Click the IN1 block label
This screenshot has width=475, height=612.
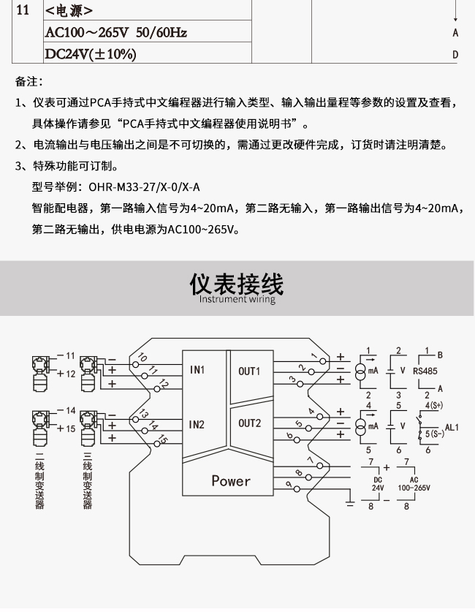click(197, 370)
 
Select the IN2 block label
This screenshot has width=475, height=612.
click(197, 424)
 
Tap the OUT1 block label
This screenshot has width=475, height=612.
click(249, 371)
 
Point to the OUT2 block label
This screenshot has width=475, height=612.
click(250, 423)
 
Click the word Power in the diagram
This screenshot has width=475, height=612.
click(231, 480)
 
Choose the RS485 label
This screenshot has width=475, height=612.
click(425, 371)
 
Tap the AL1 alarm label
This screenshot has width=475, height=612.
click(452, 427)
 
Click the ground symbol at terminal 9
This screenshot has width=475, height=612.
click(350, 503)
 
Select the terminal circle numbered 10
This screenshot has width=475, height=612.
click(136, 364)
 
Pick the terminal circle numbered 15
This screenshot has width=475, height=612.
click(157, 444)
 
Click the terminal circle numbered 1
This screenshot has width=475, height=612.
click(322, 361)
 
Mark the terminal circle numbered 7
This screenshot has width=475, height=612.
click(320, 466)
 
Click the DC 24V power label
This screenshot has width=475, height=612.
click(378, 483)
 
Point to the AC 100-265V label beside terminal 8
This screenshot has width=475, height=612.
click(414, 483)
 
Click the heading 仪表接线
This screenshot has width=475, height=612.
click(237, 284)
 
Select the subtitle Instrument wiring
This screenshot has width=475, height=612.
click(237, 299)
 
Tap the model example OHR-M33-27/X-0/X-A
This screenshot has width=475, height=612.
click(144, 187)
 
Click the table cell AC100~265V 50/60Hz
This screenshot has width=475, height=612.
click(116, 32)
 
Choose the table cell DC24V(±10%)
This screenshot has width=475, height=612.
click(91, 54)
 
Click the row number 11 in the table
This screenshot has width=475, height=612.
click(23, 10)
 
